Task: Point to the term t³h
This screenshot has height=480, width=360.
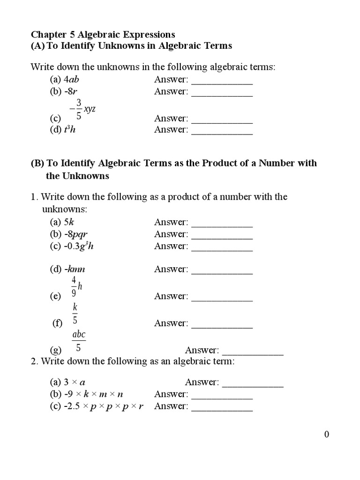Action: tap(69, 130)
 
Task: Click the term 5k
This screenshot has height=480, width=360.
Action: tap(69, 222)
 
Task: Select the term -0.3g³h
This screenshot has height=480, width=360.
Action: tap(78, 246)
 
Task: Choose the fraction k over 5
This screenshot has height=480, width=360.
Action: tap(75, 314)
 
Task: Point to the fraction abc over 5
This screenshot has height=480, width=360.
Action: tap(78, 341)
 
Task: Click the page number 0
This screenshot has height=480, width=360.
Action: tap(327, 435)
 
